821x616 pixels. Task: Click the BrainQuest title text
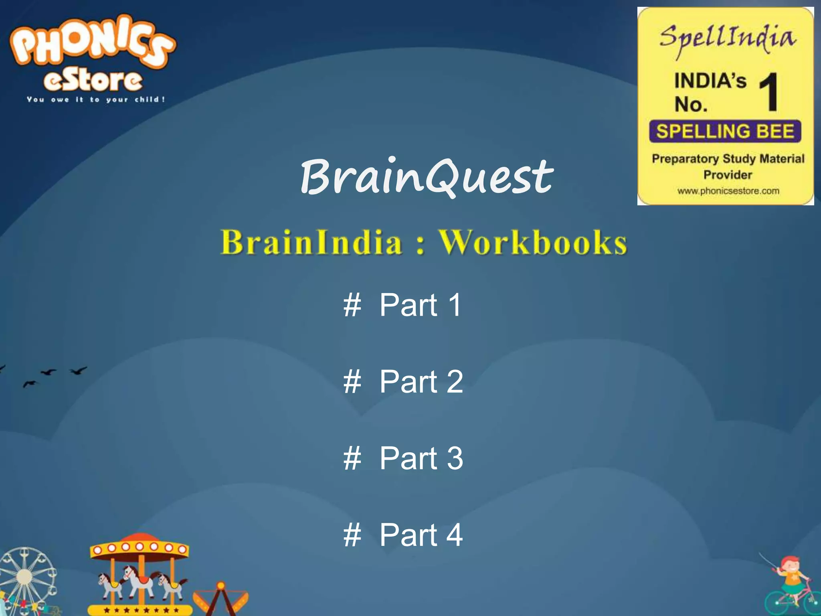pyautogui.click(x=427, y=176)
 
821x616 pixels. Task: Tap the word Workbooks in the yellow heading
pyautogui.click(x=532, y=242)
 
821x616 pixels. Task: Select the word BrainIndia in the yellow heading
pyautogui.click(x=311, y=242)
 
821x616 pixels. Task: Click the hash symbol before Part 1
pyautogui.click(x=352, y=305)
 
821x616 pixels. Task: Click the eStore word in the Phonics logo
pyautogui.click(x=93, y=80)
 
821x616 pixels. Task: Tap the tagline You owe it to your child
pyautogui.click(x=96, y=99)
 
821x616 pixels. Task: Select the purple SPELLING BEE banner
pyautogui.click(x=725, y=131)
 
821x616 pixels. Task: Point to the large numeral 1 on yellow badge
pyautogui.click(x=769, y=92)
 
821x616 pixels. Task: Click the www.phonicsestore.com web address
pyautogui.click(x=728, y=191)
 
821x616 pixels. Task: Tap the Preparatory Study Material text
pyautogui.click(x=728, y=159)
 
